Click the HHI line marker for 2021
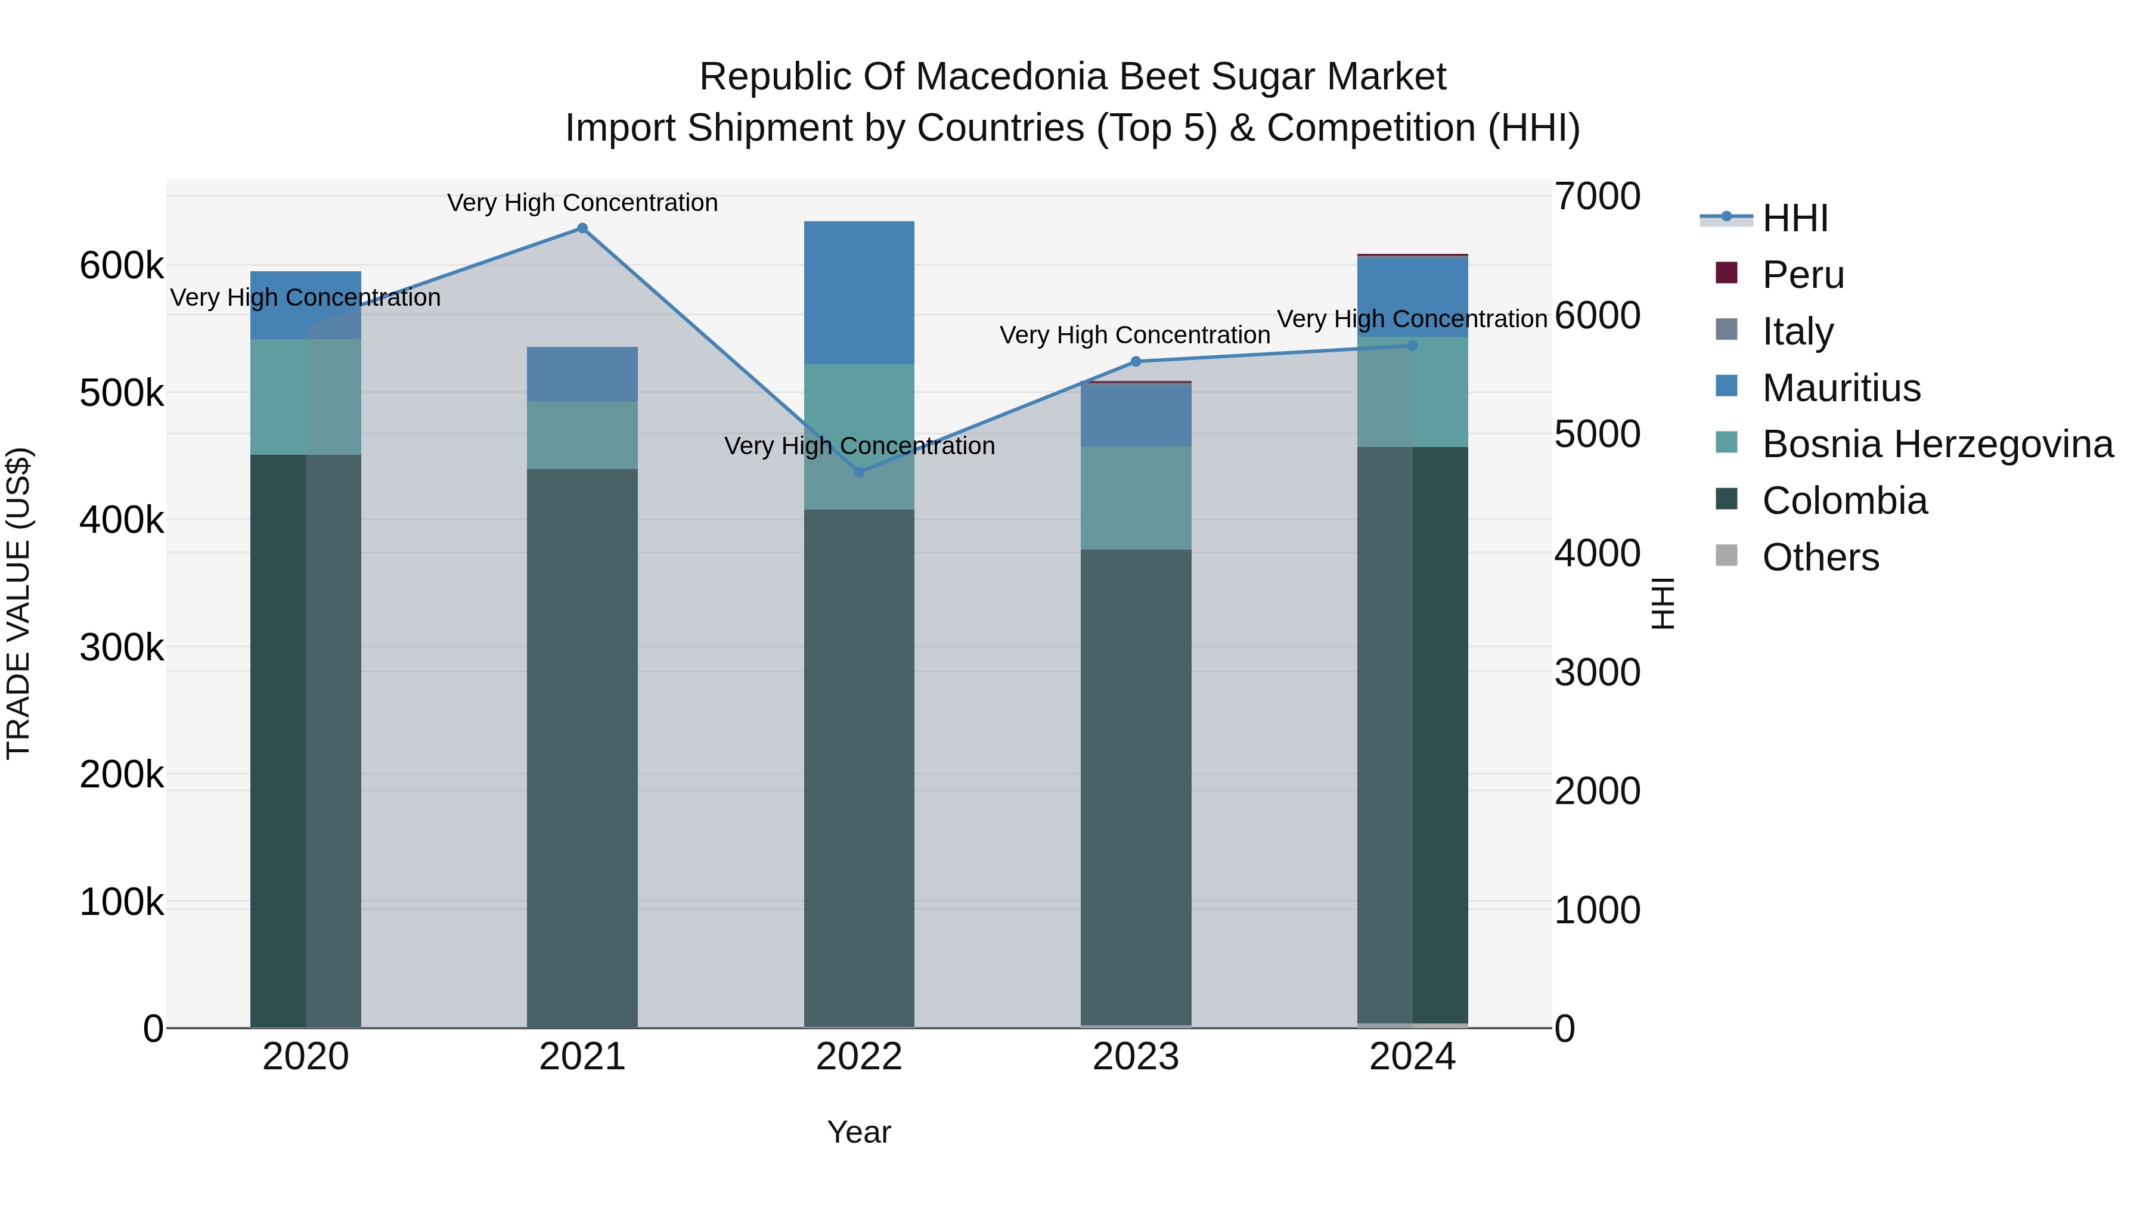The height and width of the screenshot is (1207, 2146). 582,228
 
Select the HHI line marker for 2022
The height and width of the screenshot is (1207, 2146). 860,472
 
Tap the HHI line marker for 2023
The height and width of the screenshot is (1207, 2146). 1136,362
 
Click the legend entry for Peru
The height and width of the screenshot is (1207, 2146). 1802,275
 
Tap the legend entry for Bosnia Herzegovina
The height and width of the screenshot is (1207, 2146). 1937,444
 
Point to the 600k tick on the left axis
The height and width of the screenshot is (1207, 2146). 122,266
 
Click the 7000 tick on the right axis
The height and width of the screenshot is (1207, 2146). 1597,197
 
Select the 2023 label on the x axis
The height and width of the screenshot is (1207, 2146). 1136,1057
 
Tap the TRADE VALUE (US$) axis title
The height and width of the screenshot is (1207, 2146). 18,603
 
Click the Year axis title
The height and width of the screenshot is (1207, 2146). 859,1132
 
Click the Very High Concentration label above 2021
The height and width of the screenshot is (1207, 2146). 582,203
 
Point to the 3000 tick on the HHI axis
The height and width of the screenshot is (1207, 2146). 1597,672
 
